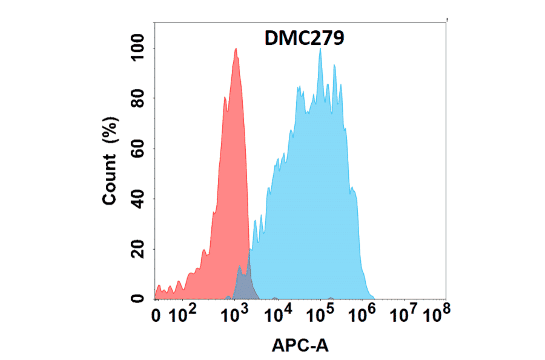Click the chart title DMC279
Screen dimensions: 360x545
[x=305, y=38]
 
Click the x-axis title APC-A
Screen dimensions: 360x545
[x=301, y=345]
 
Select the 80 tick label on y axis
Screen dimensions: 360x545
[x=139, y=98]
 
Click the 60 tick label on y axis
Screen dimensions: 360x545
[x=139, y=148]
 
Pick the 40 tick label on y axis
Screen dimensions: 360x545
[x=139, y=199]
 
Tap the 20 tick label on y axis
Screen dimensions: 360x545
[x=139, y=249]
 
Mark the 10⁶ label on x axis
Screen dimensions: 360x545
[x=363, y=315]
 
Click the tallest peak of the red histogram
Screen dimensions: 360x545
[x=236, y=50]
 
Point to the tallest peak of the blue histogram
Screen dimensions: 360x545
[x=320, y=50]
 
